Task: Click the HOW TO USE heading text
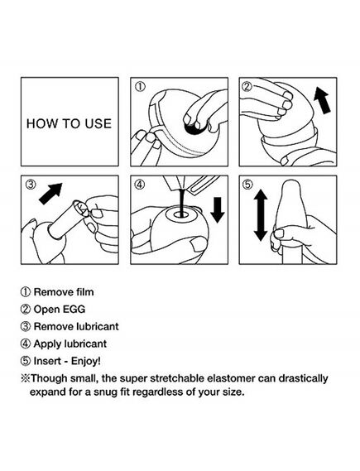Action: point(69,124)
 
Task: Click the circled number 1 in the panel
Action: point(140,87)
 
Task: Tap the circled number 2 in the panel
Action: point(247,87)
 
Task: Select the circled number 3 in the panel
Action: point(31,185)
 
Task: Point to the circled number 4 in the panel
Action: point(140,185)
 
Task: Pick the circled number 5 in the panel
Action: point(247,185)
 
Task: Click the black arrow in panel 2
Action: point(322,100)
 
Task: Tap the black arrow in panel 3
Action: point(50,194)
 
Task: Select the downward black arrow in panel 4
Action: point(218,210)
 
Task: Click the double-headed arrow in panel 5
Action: point(261,214)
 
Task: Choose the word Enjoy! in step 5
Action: point(86,361)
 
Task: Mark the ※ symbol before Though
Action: point(25,378)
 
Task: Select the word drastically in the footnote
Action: point(303,378)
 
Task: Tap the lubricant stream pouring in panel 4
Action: point(182,202)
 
